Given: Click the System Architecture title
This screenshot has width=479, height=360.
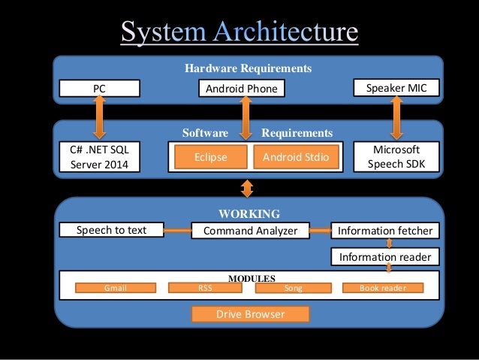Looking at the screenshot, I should (x=239, y=32).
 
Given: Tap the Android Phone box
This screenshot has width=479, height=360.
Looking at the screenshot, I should (x=241, y=89).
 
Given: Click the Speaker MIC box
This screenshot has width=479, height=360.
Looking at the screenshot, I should (x=396, y=88).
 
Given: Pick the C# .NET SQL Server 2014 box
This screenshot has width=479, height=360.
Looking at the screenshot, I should (x=98, y=157).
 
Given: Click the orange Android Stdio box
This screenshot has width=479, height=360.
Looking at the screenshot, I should (x=295, y=157).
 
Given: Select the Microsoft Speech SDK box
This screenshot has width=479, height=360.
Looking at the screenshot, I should (x=396, y=157).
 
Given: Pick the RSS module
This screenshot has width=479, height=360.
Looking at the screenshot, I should (x=204, y=287).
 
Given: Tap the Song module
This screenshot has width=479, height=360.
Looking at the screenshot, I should (x=294, y=287).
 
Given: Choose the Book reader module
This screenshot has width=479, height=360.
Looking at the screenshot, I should (x=383, y=287).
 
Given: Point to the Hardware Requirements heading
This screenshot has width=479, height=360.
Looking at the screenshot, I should (x=248, y=68).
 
